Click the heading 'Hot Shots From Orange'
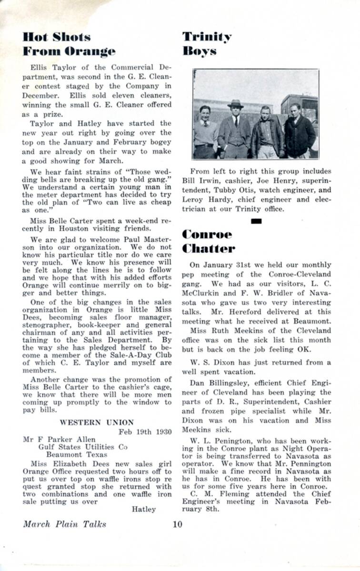click(69, 44)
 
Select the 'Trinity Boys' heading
click(207, 44)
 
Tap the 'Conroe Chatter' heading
click(208, 241)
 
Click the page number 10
click(177, 524)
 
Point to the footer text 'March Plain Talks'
click(65, 524)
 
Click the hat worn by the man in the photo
click(235, 103)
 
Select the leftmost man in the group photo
click(205, 132)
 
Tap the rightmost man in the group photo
click(299, 131)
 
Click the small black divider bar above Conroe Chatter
click(256, 220)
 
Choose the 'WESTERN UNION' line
click(97, 422)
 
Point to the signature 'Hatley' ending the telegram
click(143, 509)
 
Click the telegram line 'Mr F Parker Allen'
click(59, 439)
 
